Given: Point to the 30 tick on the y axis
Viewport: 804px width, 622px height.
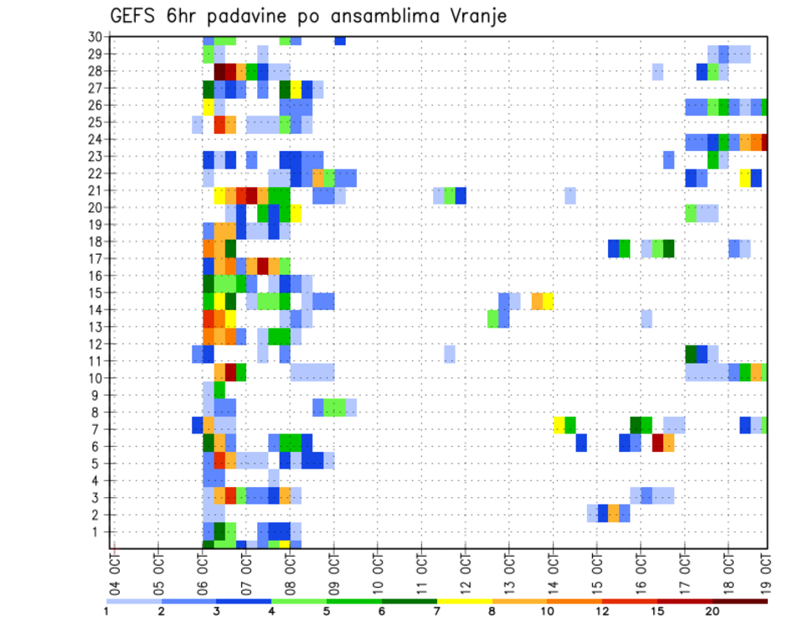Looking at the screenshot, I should click(x=95, y=36).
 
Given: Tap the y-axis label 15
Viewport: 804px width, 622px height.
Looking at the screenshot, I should click(x=95, y=293).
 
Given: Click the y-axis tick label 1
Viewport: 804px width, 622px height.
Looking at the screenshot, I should click(x=98, y=531).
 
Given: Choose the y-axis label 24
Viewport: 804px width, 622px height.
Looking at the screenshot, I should click(x=95, y=139).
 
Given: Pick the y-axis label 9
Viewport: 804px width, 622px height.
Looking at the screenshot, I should click(x=98, y=395).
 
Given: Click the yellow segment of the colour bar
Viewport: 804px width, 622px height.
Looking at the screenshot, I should click(x=464, y=601).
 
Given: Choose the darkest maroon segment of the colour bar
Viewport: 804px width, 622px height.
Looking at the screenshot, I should click(x=740, y=601).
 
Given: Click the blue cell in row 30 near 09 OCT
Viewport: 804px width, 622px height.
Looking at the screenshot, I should click(x=340, y=40).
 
